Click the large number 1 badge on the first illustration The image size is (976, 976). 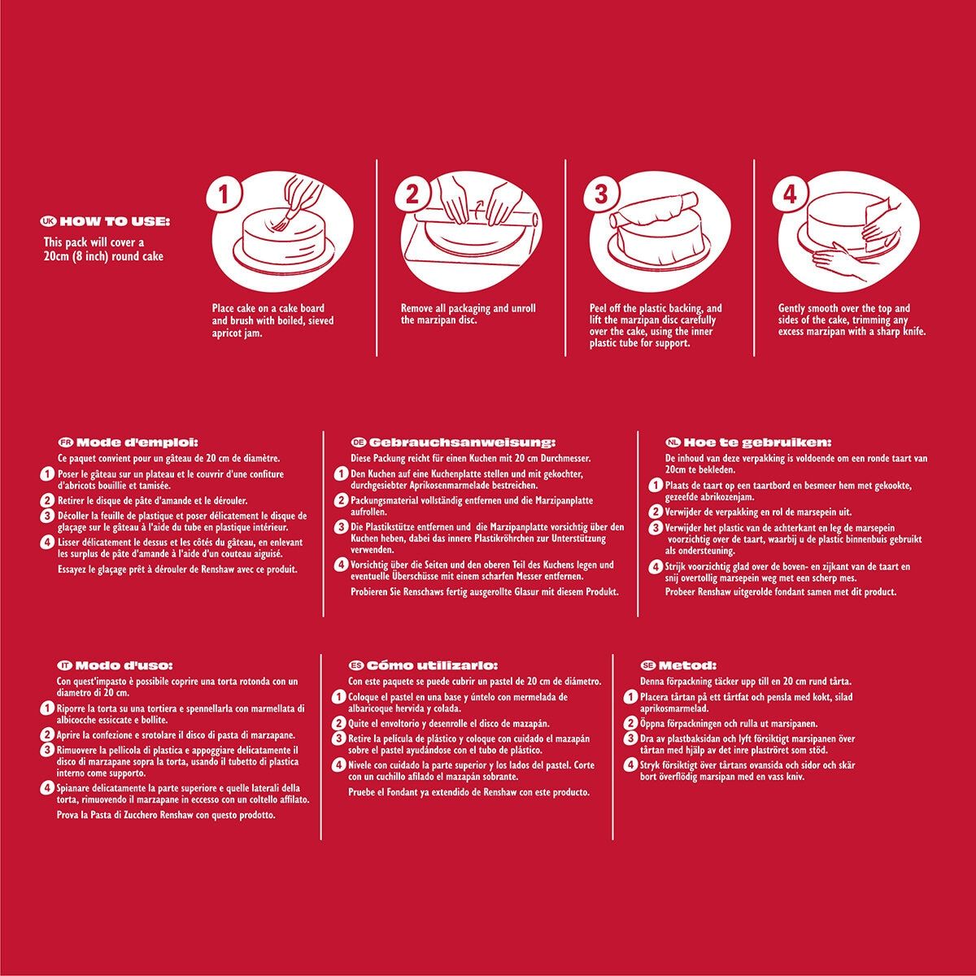tap(224, 195)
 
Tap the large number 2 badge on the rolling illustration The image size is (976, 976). tap(412, 195)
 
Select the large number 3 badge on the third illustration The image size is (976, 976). tap(600, 195)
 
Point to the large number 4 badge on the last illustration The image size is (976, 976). tap(789, 195)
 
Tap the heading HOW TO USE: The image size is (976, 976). tap(115, 222)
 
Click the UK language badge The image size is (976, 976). tap(49, 222)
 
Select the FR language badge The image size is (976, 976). tap(66, 442)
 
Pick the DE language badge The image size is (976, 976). tap(358, 442)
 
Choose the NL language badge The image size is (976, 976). tap(673, 442)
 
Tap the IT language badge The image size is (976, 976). tap(64, 665)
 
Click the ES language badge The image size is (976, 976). tap(356, 665)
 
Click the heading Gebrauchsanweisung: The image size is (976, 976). tap(462, 442)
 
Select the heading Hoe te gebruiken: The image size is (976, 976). tap(757, 442)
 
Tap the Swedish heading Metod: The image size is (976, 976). tap(687, 665)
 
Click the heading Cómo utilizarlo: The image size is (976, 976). tap(432, 665)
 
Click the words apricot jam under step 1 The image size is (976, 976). tap(237, 334)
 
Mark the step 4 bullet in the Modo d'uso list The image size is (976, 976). tap(46, 788)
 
